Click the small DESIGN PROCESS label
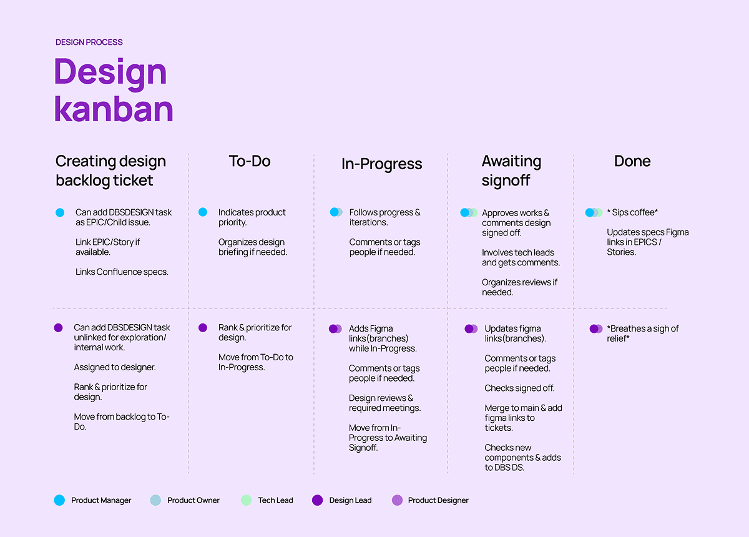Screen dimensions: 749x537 [89, 42]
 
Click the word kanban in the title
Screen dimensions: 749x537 [113, 109]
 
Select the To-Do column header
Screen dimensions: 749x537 [250, 161]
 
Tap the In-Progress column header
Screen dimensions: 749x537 [381, 164]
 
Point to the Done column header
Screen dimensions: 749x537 [632, 161]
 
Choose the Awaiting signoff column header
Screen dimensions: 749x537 [511, 170]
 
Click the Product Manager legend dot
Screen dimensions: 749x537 [59, 500]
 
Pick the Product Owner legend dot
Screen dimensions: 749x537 [155, 500]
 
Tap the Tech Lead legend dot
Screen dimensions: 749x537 [246, 500]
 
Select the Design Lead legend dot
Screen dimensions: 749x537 [317, 500]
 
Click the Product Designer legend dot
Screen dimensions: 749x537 [397, 500]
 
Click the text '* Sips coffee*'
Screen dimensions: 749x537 [632, 213]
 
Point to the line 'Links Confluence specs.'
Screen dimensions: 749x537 [122, 272]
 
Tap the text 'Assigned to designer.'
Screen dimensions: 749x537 [115, 367]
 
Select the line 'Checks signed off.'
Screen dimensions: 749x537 [519, 388]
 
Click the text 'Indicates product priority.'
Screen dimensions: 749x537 [252, 217]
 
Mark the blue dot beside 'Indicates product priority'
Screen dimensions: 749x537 [203, 212]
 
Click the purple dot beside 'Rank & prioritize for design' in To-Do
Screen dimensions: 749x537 [203, 327]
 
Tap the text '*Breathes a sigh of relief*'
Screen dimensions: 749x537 [643, 333]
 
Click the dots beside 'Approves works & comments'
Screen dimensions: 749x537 [469, 213]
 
